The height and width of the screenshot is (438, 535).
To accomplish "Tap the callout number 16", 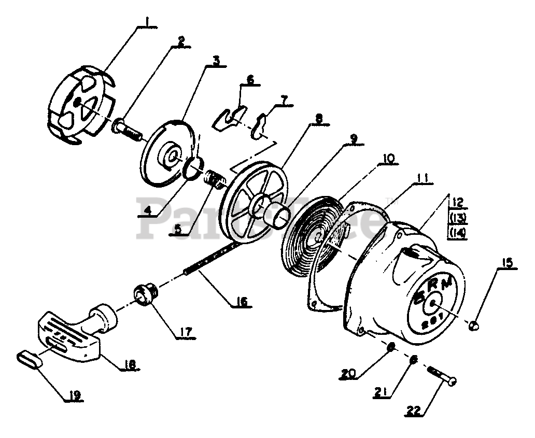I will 241,301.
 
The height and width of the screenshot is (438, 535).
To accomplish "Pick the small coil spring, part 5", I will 214,179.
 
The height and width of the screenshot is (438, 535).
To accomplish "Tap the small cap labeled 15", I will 474,325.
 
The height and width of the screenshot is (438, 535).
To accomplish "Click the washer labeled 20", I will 392,346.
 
